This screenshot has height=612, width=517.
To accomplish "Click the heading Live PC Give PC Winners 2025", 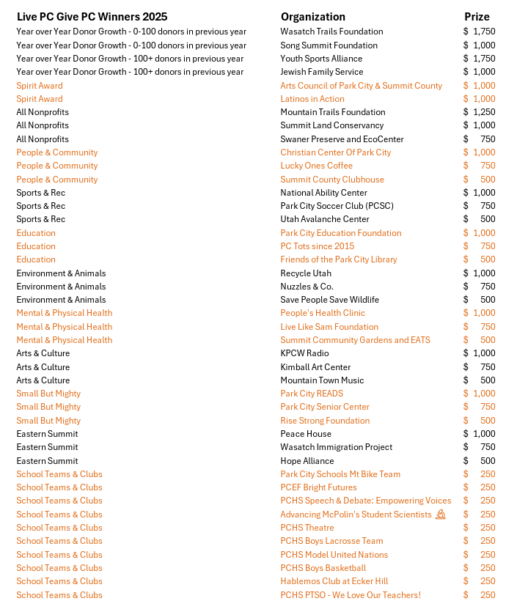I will [92, 16].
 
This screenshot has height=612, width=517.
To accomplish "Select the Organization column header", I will [312, 16].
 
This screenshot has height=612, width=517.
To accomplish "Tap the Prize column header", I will [477, 16].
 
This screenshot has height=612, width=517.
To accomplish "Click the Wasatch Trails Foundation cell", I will [331, 32].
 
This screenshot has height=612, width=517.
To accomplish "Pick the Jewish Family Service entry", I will [321, 72].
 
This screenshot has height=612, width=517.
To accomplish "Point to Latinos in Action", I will [312, 99].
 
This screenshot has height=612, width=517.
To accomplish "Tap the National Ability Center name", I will [323, 193].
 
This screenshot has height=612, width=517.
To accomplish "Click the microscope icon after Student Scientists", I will [441, 515].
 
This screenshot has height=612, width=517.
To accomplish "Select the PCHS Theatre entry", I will [307, 528].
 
